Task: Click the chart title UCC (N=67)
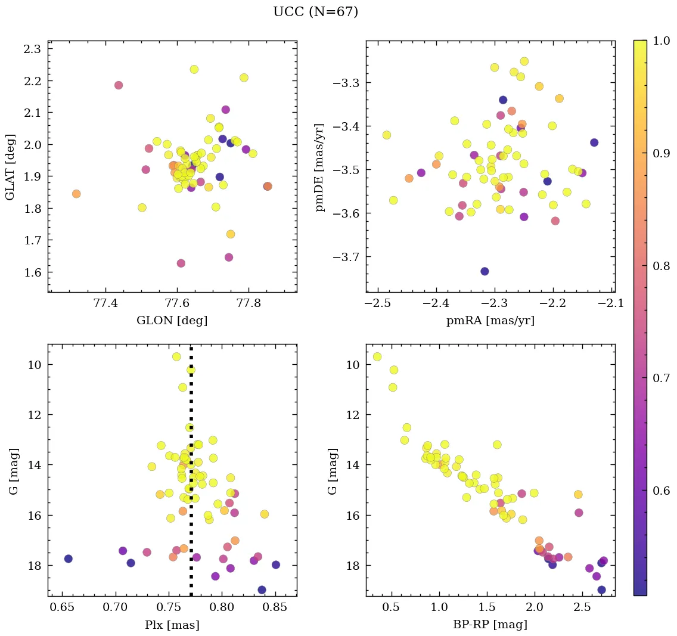pos(315,12)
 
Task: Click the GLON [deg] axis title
pos(172,321)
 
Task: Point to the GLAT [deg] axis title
pos(10,166)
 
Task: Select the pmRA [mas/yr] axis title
pos(490,321)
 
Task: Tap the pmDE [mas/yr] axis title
pos(320,167)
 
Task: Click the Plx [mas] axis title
pos(172,625)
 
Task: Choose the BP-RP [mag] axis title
pos(490,625)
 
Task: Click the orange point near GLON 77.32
pos(76,194)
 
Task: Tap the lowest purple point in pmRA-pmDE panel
pos(485,271)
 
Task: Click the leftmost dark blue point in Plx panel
pos(69,559)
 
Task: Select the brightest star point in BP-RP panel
pos(377,356)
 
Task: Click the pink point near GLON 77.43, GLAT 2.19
pos(119,85)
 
